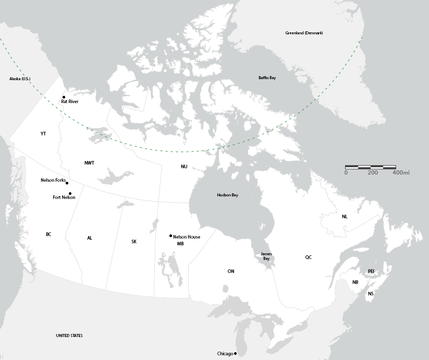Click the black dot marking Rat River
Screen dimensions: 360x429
pos(64,97)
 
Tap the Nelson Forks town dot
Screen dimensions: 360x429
pos(67,183)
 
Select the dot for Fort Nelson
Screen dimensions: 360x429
pos(70,193)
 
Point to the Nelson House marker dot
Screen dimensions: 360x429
pos(170,236)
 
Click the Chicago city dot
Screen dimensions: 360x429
pos(236,354)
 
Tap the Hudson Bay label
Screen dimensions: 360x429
pos(227,195)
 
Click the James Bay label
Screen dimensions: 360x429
pos(266,256)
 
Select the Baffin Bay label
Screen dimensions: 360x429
pos(267,78)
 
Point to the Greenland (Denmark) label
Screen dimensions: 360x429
pos(304,33)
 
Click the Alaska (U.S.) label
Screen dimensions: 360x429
pos(20,79)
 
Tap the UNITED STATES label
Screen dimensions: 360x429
pos(69,336)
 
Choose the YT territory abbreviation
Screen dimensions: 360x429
pos(43,134)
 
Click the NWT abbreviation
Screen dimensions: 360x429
pos(90,163)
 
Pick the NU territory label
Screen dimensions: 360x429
pos(184,167)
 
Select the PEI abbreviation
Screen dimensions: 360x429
pos(371,271)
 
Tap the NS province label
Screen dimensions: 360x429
pos(371,294)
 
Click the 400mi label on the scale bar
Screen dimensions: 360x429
pos(401,172)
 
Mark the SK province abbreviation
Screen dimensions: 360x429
pos(134,242)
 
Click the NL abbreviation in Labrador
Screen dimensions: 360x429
pos(345,216)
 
